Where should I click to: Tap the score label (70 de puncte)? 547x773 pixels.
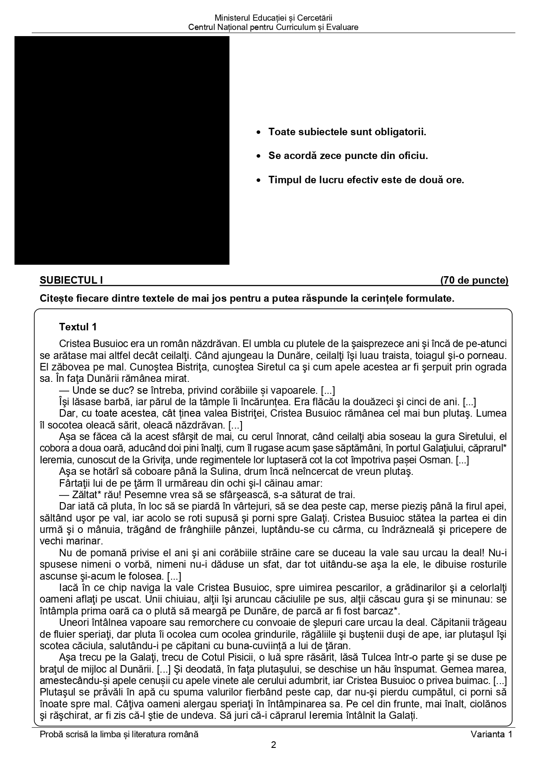click(474, 281)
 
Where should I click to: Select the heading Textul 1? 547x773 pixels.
click(78, 327)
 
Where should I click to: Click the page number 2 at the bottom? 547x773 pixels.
click(273, 745)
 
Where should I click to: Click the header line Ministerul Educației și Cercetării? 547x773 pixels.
click(273, 18)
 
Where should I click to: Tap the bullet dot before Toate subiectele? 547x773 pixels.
click(259, 132)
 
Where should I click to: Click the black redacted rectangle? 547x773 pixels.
click(122, 150)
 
